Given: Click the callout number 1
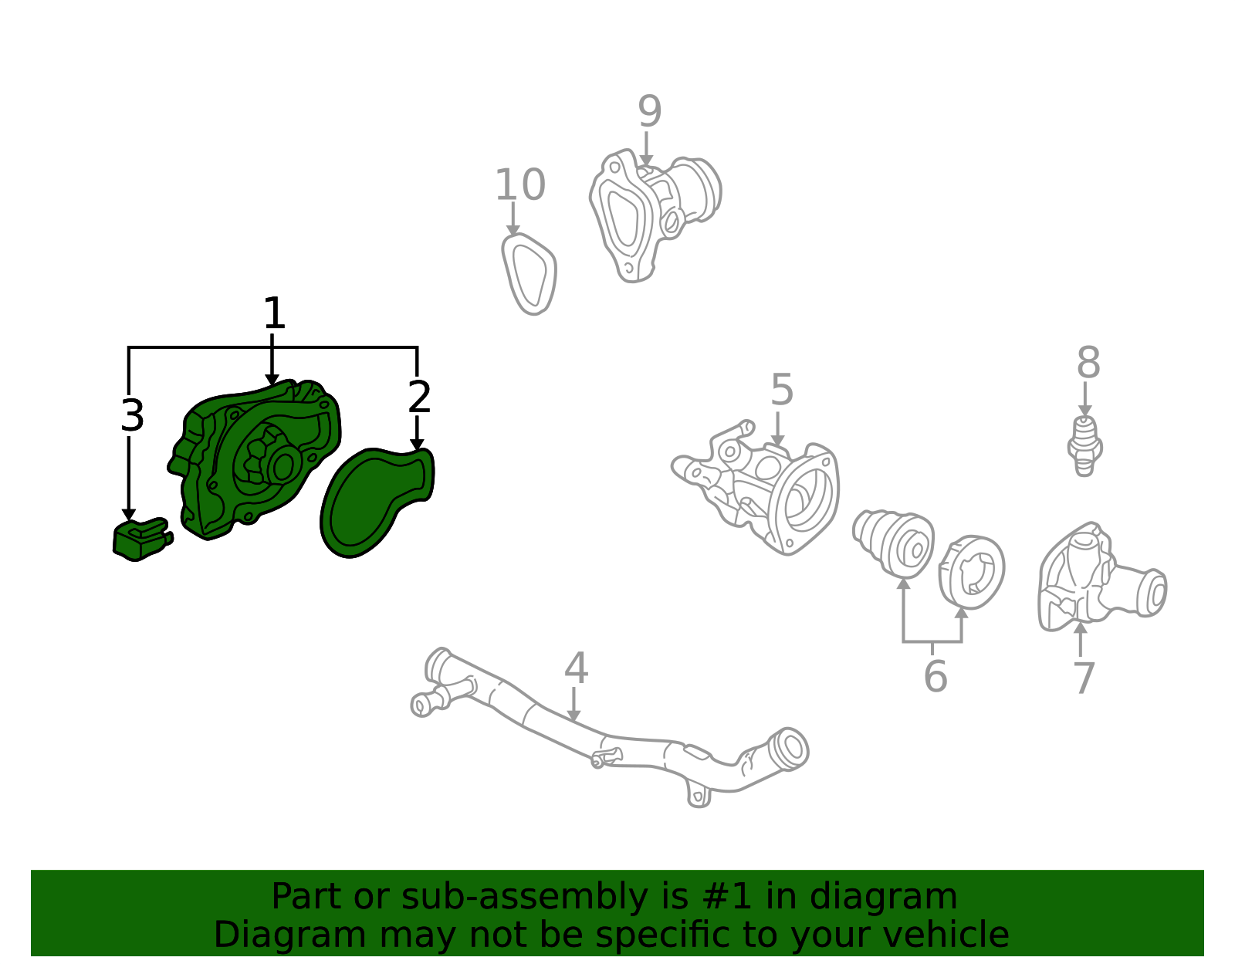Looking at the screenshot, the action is (x=274, y=313).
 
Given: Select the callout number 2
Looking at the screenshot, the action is (x=419, y=396).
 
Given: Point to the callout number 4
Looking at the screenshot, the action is (x=576, y=668).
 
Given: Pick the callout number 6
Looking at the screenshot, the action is (x=936, y=676).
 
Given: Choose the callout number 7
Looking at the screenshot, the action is (x=1084, y=678).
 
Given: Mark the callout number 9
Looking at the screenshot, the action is (x=650, y=111).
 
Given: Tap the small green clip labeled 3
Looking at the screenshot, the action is (x=142, y=539).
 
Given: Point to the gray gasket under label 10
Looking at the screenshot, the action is (x=530, y=274).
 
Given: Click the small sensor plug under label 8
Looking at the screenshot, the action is (x=1084, y=446).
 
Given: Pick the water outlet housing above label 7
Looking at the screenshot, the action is (x=1100, y=580).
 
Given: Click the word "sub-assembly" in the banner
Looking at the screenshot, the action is (x=524, y=896).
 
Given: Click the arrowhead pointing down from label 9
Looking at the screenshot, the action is (x=645, y=160).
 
